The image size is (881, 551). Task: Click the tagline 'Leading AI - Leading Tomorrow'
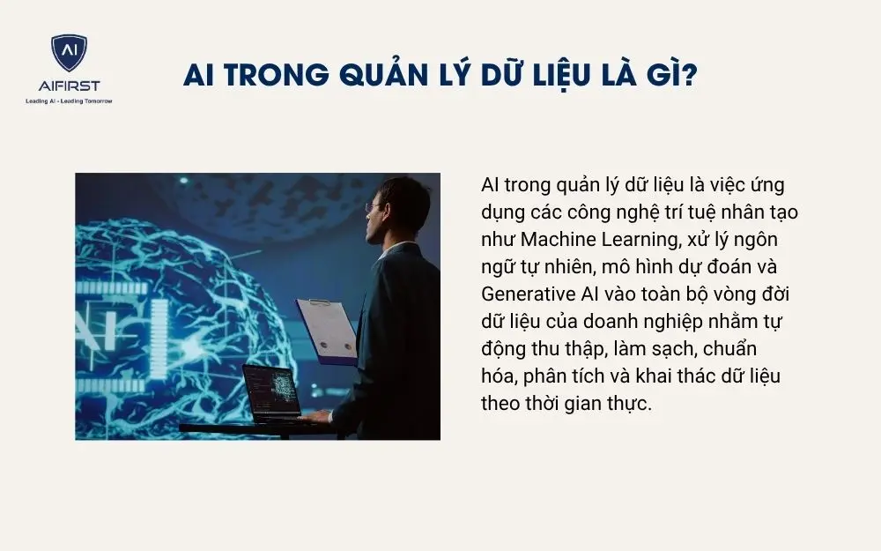tap(69, 101)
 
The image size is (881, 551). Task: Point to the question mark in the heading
tap(690, 76)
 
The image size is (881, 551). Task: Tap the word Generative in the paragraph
tap(524, 293)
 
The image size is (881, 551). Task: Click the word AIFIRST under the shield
tap(69, 86)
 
